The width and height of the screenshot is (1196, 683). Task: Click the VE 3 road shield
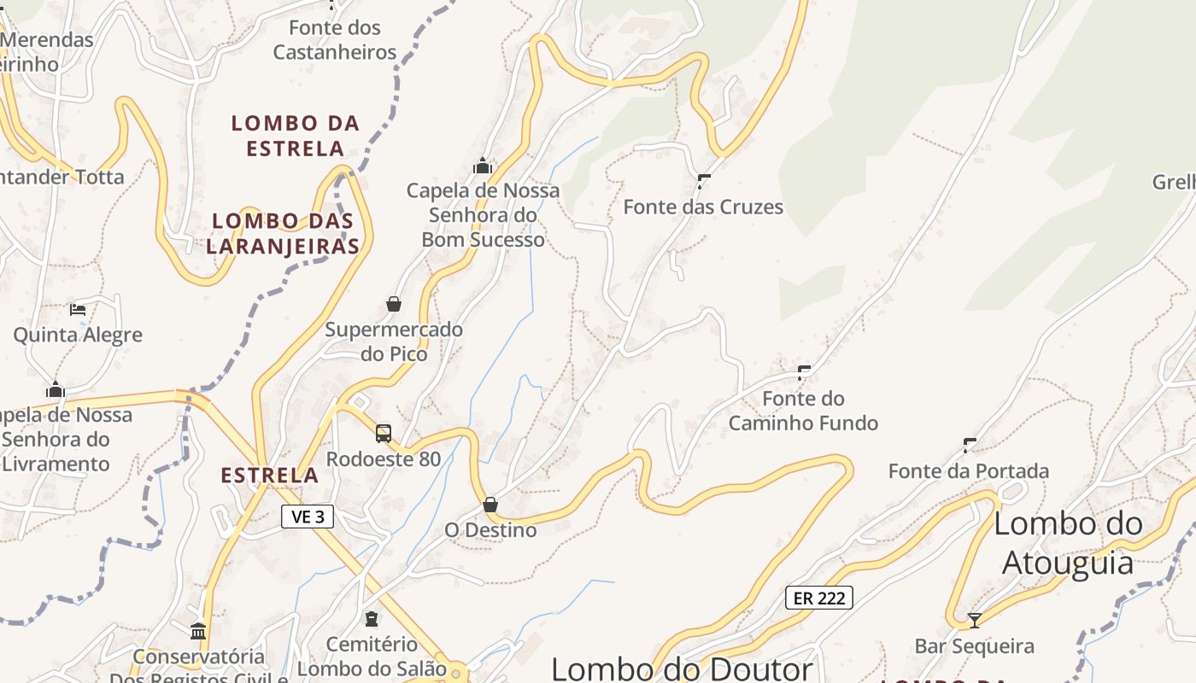tap(308, 517)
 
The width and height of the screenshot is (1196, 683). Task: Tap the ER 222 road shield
tap(819, 598)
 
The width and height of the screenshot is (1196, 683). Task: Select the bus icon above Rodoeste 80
tap(384, 434)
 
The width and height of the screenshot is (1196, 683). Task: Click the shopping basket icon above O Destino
tap(490, 505)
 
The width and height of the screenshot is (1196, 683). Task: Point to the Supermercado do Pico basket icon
tap(394, 304)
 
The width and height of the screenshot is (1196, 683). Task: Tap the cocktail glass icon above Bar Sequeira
tap(974, 620)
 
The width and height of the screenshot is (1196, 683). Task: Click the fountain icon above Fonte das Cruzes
tap(704, 181)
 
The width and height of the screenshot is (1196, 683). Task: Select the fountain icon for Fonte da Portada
tap(970, 445)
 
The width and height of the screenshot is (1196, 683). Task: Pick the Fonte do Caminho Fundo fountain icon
tap(804, 372)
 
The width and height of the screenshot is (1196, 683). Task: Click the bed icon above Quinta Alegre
tap(78, 309)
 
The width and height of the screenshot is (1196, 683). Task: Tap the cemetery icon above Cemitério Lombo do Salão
tap(372, 618)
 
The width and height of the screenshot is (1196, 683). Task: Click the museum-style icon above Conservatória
tap(198, 632)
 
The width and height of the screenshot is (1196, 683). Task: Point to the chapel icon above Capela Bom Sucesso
tap(483, 165)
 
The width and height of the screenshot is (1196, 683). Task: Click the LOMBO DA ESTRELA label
tap(296, 136)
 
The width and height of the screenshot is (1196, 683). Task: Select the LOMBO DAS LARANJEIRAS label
tap(283, 233)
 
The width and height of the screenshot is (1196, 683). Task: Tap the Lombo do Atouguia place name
tap(1068, 543)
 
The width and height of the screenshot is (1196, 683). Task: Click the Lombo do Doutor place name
tap(682, 668)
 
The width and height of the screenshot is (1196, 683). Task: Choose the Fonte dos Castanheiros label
tap(335, 40)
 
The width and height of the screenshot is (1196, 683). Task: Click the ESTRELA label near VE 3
tap(270, 476)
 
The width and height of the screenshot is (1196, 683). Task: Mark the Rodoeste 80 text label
tap(384, 459)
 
